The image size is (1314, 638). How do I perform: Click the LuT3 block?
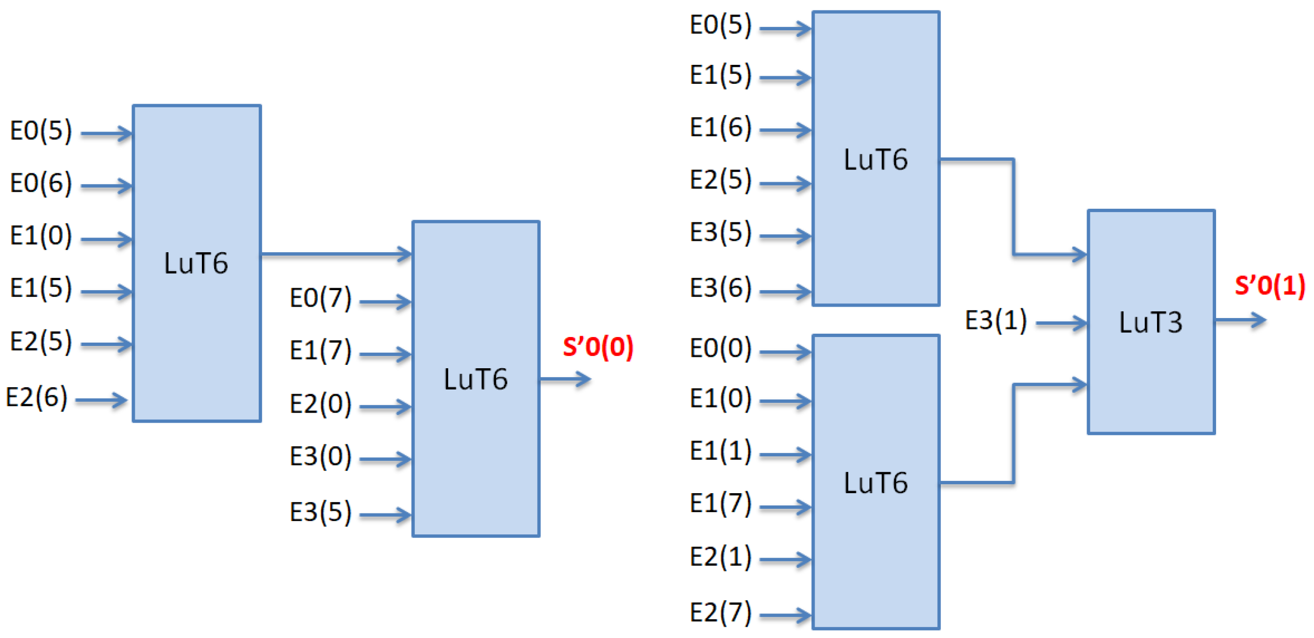pos(1151,321)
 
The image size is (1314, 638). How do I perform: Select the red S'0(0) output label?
pos(598,347)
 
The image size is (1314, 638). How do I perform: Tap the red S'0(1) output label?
pos(1270,285)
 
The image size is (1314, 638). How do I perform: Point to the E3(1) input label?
pos(996,321)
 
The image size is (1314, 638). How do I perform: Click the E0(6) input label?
pos(41,183)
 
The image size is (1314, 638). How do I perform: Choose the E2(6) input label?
pos(37,397)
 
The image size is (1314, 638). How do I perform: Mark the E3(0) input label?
pos(320,456)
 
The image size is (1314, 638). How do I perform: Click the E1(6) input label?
pos(720,127)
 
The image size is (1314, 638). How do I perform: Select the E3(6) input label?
pos(720,288)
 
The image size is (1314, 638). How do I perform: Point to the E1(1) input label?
pos(720,451)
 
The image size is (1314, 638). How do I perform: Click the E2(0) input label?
pos(320,404)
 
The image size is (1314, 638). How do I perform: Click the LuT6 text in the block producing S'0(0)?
pos(475,379)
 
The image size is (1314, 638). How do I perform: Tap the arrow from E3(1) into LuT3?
pos(1061,323)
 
